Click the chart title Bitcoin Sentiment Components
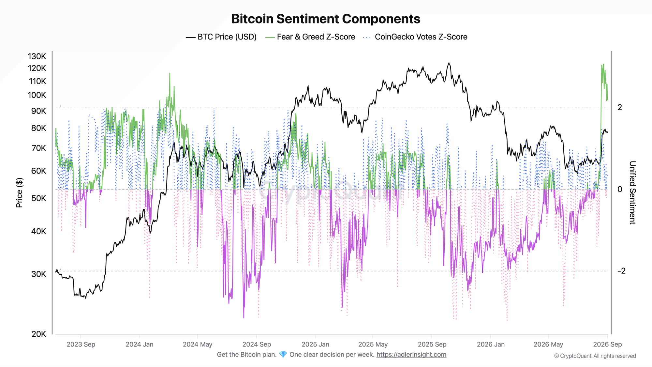(326, 19)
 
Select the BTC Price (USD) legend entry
(221, 37)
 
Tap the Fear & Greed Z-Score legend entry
(310, 37)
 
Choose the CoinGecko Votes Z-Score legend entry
(415, 37)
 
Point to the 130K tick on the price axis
(37, 56)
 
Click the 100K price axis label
(37, 95)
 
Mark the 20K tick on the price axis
(39, 334)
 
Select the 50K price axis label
(39, 198)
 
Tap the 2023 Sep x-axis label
(81, 344)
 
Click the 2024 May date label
(198, 344)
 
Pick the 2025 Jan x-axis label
(315, 344)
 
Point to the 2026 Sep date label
(607, 344)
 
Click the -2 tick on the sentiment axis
(621, 271)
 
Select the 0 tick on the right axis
(620, 189)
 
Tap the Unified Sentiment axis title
(632, 192)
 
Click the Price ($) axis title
(19, 192)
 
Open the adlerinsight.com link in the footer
(411, 355)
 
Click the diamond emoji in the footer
(283, 355)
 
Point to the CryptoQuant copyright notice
(595, 356)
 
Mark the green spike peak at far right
(603, 64)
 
